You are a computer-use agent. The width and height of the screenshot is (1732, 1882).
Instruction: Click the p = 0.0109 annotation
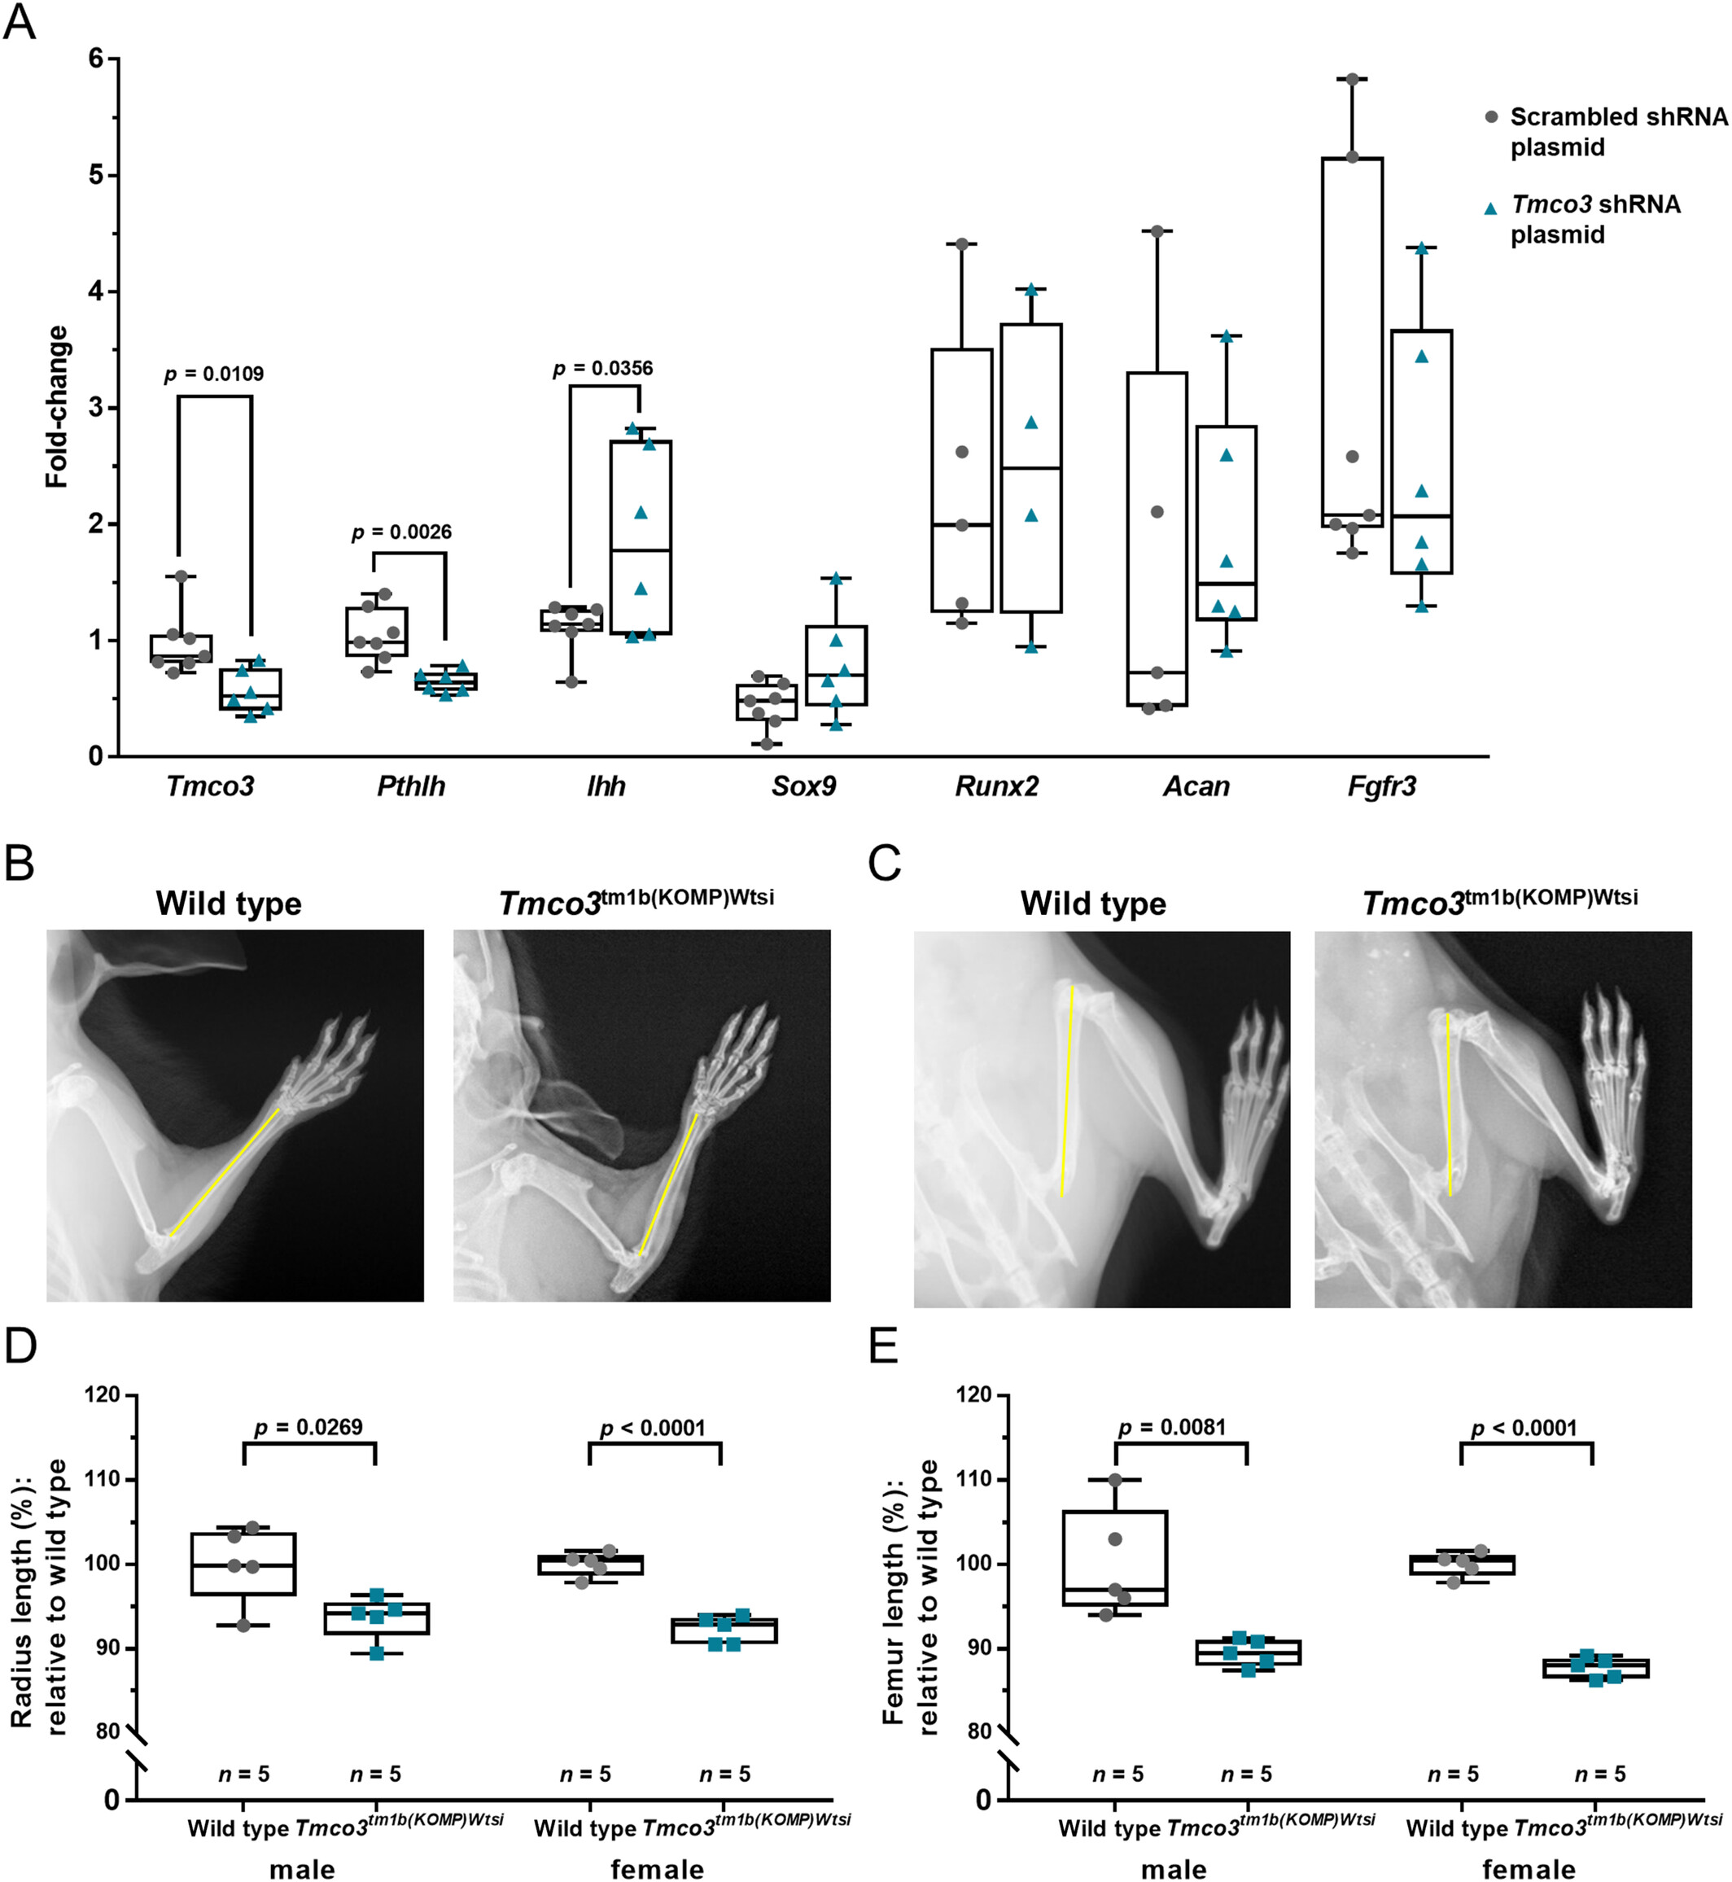tap(214, 374)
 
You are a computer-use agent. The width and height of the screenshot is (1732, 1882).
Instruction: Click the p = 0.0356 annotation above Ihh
tap(602, 368)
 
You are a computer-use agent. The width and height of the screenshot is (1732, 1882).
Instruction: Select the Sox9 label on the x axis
tap(803, 786)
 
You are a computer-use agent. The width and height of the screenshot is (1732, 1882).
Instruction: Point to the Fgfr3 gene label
tap(1381, 786)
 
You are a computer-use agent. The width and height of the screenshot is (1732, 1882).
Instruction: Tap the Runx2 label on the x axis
tap(996, 786)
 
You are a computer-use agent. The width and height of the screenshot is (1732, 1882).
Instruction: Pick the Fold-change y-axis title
tap(57, 407)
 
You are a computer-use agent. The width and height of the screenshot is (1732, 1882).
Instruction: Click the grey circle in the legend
tap(1491, 117)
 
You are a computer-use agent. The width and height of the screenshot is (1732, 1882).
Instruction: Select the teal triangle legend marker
tap(1490, 208)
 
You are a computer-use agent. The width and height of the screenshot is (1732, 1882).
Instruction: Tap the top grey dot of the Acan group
tap(1157, 230)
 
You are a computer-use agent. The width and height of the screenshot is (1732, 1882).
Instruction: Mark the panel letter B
tap(20, 863)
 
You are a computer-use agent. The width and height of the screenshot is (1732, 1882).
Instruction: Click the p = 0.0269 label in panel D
tap(308, 1426)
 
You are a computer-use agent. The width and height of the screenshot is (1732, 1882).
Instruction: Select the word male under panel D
tap(302, 1870)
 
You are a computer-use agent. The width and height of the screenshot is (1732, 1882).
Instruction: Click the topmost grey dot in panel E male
tap(1115, 1480)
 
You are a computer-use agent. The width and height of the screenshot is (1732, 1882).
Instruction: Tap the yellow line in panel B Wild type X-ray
tap(225, 1171)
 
